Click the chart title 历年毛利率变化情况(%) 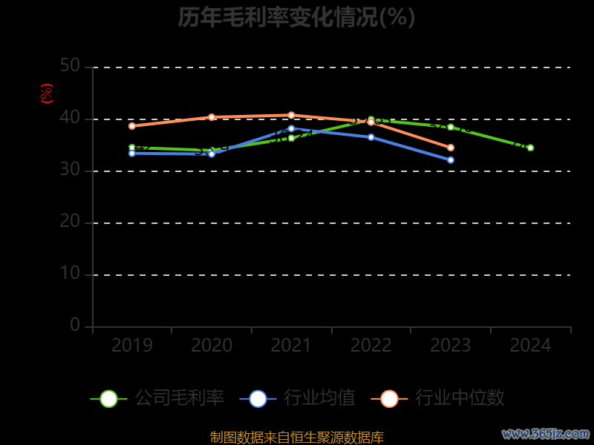[296, 17]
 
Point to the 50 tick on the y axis [70, 66]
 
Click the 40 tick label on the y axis [70, 118]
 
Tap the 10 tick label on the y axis [70, 274]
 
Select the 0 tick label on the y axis [75, 325]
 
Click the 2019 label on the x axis [132, 346]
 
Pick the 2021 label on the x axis [291, 346]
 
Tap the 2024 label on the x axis [531, 346]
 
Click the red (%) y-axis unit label [47, 93]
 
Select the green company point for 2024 [530, 148]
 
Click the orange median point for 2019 [132, 126]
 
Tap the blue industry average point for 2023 [451, 160]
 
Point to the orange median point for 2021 [291, 115]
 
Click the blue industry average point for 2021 [291, 128]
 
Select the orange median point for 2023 [451, 148]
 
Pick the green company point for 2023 [451, 127]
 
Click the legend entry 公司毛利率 [157, 398]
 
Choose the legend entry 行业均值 [298, 398]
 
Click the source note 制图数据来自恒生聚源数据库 [297, 437]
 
